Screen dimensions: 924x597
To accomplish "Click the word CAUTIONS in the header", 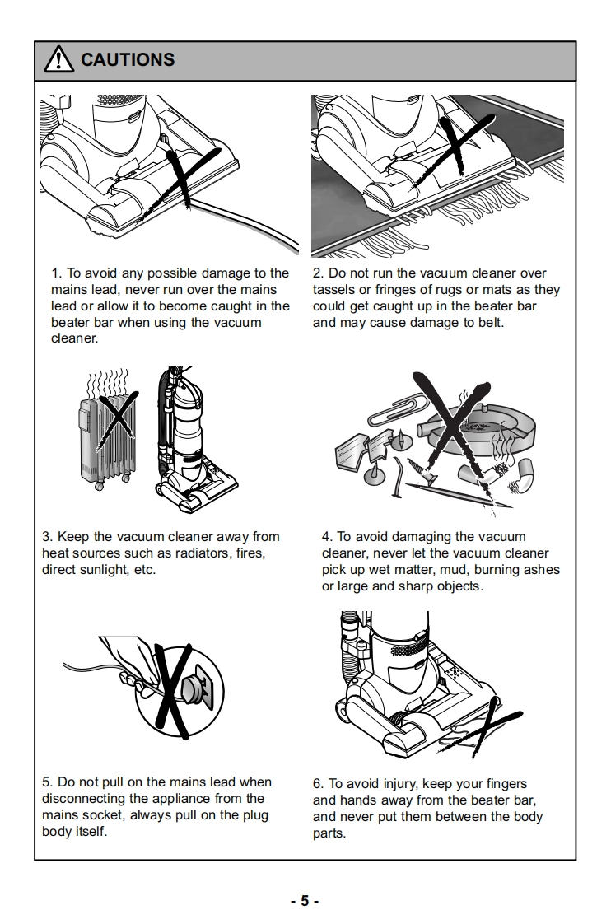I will click(128, 59).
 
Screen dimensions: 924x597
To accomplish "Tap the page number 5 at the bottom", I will click(304, 900).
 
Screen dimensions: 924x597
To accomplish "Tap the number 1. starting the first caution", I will click(56, 273).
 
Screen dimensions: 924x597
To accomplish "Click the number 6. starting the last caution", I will click(318, 783).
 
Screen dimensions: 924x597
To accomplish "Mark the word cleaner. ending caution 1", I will click(74, 338).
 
